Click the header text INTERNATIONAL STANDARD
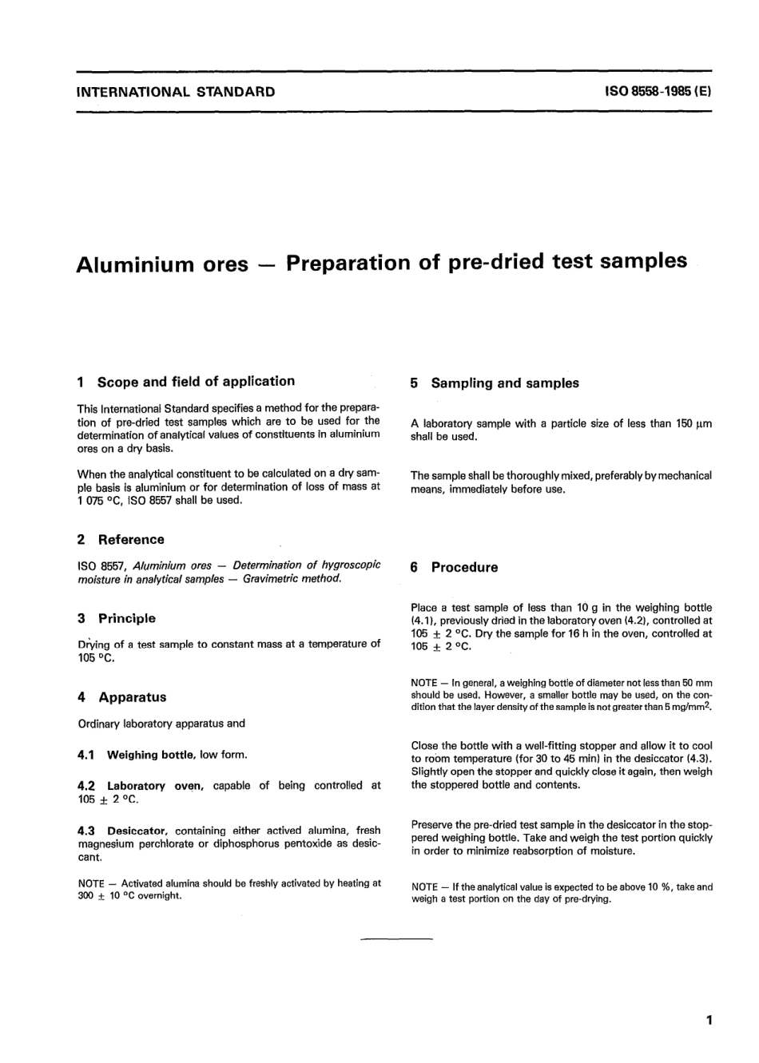point(176,92)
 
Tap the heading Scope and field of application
point(196,382)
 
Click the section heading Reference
point(131,540)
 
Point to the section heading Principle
point(127,619)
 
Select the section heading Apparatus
point(133,697)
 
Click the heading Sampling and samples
point(505,383)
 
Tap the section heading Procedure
point(464,568)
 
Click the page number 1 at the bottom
point(709,1021)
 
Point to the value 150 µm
point(693,424)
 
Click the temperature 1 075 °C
point(99,501)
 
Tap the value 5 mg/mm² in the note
point(687,708)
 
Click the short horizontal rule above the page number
point(396,938)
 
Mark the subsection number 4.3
point(86,831)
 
